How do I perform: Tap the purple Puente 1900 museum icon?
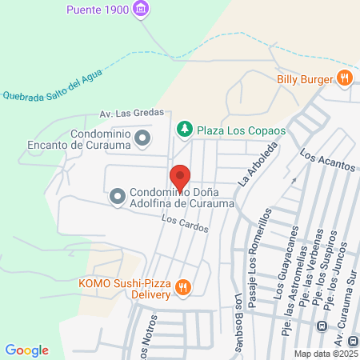[x=142, y=10]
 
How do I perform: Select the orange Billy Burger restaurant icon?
[x=345, y=78]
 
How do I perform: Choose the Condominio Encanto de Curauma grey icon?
[x=142, y=139]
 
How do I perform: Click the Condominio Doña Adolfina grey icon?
[x=117, y=195]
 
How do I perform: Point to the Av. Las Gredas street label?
[x=131, y=114]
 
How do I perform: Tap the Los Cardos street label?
[x=184, y=226]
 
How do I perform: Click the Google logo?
[x=26, y=350]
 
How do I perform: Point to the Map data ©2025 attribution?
[x=326, y=354]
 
